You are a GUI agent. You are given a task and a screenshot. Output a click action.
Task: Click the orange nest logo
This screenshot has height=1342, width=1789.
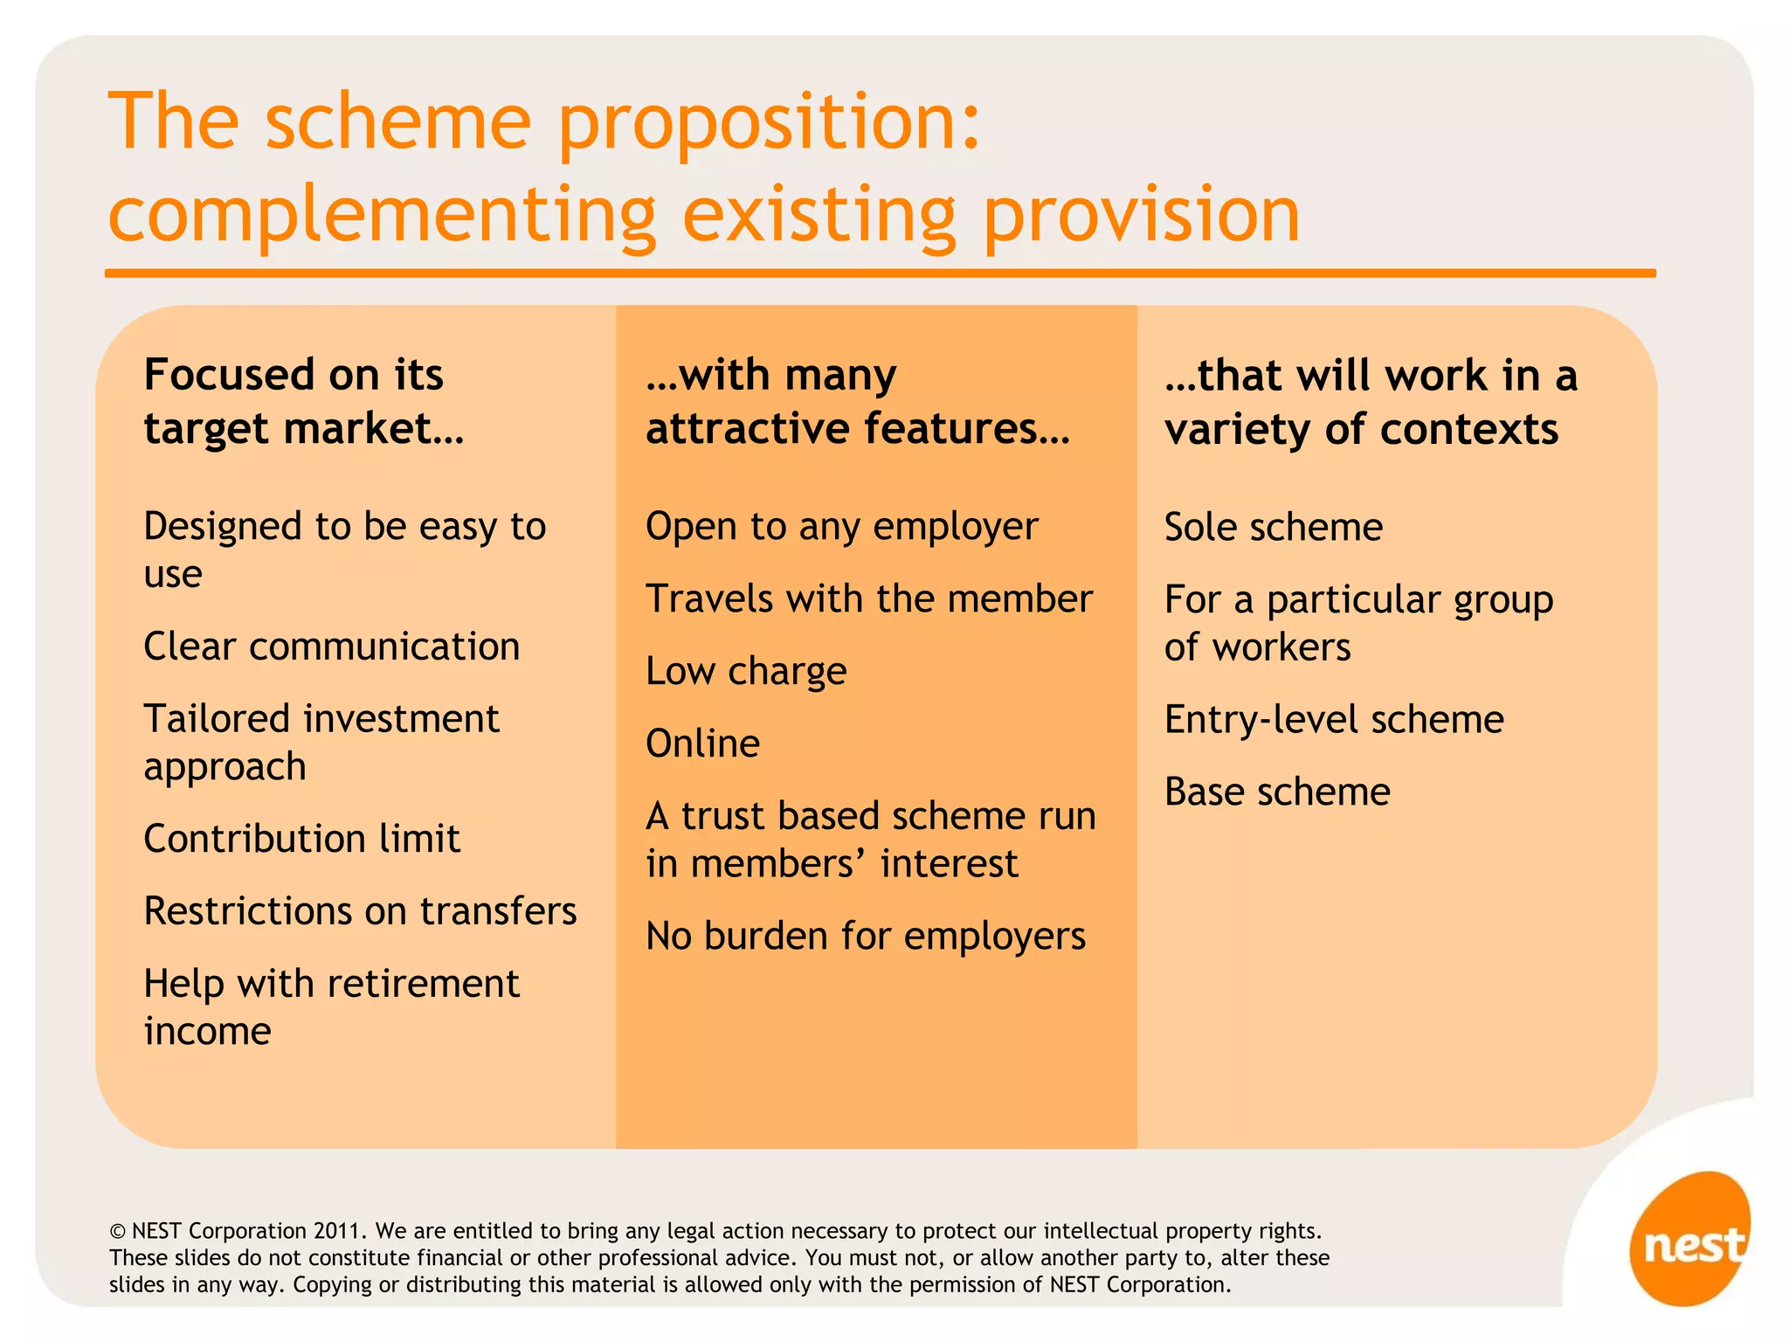pos(1689,1239)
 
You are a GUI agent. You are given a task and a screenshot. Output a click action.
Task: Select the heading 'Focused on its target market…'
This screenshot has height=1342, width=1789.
pos(303,401)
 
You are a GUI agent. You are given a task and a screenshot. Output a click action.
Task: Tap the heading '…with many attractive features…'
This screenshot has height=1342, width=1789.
pos(857,401)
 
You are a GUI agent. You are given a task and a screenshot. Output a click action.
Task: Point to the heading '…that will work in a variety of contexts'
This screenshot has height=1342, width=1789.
pos(1371,401)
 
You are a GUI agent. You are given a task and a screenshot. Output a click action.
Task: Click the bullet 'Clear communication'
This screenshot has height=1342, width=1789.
pos(332,647)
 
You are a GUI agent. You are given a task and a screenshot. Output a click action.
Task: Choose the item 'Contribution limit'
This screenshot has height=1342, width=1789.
pos(301,839)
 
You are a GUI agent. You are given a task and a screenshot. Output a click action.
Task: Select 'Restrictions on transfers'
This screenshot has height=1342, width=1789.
pos(360,911)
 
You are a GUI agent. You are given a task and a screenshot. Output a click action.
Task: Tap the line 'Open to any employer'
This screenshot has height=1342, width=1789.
pos(841,527)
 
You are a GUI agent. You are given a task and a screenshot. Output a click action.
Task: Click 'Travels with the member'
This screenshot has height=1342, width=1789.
pos(868,599)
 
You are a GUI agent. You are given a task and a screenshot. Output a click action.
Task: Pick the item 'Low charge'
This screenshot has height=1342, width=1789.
pos(746,672)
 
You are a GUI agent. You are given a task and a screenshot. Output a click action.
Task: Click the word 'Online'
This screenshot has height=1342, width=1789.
pos(702,744)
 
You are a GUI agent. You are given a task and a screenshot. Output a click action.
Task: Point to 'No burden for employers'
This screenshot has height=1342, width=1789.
pos(865,937)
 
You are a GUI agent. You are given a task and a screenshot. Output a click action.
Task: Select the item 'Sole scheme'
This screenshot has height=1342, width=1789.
pos(1274,527)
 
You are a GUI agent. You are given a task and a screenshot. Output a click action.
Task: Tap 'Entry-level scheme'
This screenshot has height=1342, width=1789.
pos(1334,720)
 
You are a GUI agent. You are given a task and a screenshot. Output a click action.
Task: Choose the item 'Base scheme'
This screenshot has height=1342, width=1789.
pos(1277,792)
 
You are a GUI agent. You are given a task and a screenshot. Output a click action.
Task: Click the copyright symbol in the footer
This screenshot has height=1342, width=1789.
pos(117,1232)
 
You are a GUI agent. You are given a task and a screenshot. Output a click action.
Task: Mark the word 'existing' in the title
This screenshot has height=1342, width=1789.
pos(819,216)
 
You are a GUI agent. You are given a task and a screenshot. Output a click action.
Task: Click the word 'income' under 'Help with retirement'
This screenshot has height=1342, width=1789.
pos(208,1032)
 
